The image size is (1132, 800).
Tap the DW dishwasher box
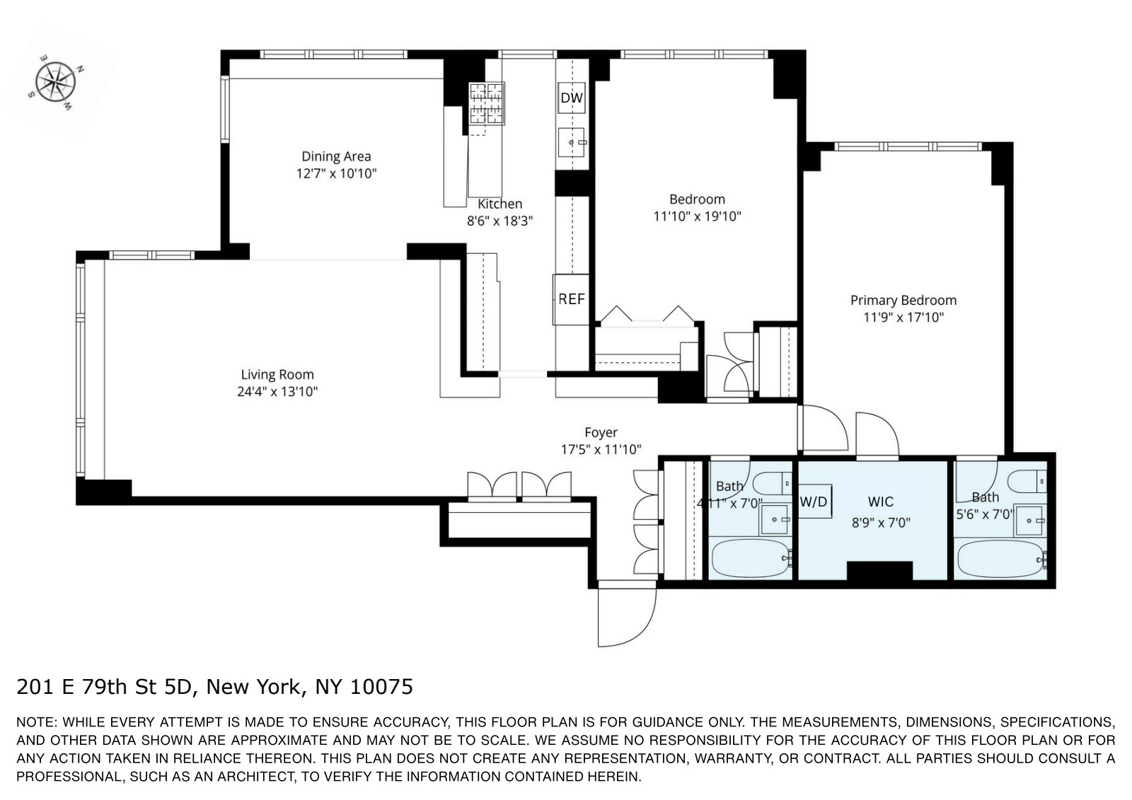572,98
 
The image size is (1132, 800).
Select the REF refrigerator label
572,299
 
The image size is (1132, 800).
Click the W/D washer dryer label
813,502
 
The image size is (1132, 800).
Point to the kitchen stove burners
487,103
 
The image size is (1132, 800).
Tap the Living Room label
277,375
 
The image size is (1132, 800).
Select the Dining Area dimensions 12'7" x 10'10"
336,173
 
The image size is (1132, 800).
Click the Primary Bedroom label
903,300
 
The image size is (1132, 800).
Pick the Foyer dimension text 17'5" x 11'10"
601,449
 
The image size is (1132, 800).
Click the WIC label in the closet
880,502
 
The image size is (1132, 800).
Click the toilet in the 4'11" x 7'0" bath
772,483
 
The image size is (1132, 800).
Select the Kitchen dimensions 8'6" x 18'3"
499,221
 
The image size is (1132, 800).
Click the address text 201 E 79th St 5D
110,687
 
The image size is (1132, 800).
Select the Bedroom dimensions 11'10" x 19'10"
697,216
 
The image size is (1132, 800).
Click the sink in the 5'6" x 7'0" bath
1030,521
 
